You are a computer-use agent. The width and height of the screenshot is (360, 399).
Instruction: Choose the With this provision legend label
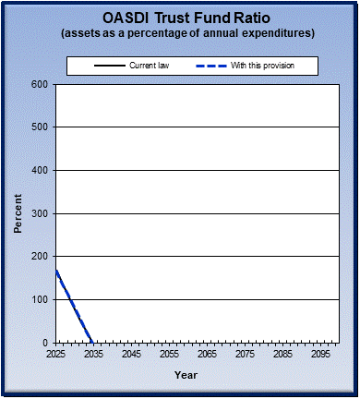pyautogui.click(x=274, y=66)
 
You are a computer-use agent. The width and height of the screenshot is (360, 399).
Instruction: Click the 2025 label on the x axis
pyautogui.click(x=56, y=354)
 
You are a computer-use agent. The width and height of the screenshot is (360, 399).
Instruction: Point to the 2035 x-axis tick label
pyautogui.click(x=94, y=354)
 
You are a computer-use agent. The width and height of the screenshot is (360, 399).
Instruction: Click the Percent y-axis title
pyautogui.click(x=18, y=213)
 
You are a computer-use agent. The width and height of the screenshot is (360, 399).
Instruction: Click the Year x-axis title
pyautogui.click(x=186, y=375)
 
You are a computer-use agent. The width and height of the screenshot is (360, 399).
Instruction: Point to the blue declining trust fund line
pyautogui.click(x=74, y=306)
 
